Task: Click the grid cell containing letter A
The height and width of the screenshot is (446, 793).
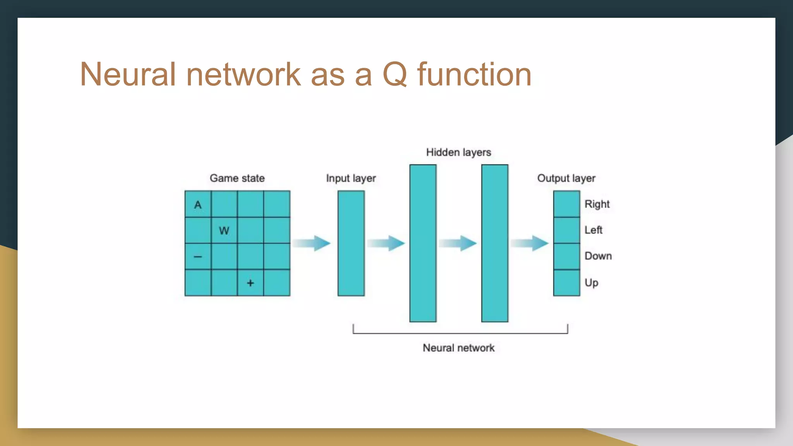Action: click(x=198, y=204)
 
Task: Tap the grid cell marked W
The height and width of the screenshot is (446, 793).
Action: click(x=224, y=230)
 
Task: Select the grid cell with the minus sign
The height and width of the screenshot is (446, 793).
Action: click(x=198, y=256)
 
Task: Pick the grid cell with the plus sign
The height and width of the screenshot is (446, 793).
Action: click(x=251, y=283)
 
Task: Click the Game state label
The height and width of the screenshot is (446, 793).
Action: click(x=237, y=178)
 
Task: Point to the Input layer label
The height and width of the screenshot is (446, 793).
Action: click(x=351, y=178)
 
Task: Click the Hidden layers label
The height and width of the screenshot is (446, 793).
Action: click(x=458, y=152)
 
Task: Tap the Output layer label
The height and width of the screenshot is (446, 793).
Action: click(x=566, y=178)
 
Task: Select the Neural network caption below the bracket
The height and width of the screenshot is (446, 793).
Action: click(x=458, y=348)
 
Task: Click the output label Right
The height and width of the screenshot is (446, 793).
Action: click(x=597, y=204)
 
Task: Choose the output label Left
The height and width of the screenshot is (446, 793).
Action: click(x=594, y=230)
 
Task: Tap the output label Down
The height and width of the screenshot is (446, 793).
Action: click(x=598, y=256)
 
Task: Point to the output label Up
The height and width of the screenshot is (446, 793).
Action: click(x=592, y=283)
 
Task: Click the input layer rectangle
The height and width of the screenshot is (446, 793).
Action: click(x=351, y=243)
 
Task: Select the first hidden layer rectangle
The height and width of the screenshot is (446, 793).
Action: click(x=423, y=243)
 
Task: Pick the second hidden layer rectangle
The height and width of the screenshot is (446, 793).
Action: click(x=495, y=243)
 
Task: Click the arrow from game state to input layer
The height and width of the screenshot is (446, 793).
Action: click(x=311, y=243)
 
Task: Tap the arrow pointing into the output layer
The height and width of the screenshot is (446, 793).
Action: click(x=530, y=243)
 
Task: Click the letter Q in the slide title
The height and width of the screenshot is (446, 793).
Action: click(x=395, y=74)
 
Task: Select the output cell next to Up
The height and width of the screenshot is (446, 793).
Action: click(x=566, y=283)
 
